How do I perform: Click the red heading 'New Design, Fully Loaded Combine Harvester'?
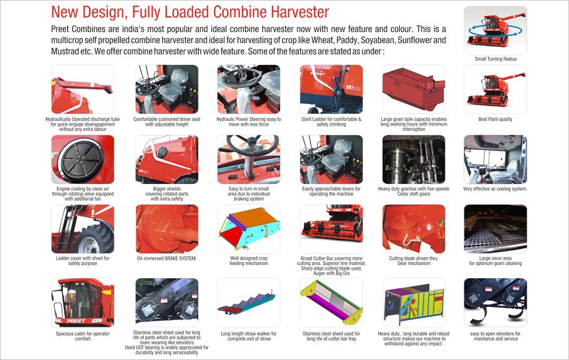point(190,12)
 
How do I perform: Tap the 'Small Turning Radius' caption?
point(495,59)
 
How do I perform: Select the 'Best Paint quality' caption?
point(495,119)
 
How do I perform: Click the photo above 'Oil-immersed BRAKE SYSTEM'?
point(167,229)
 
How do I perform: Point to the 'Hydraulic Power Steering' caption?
point(249,122)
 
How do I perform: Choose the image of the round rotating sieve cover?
point(83,160)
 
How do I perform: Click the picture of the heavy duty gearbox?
point(414,160)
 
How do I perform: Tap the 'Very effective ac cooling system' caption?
point(495,189)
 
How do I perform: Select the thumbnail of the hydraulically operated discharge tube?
point(83,90)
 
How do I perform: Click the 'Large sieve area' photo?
point(495,229)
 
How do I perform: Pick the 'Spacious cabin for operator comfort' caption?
point(83,336)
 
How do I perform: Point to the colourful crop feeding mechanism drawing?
point(249,229)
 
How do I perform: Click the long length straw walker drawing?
point(249,302)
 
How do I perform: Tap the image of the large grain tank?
point(414,90)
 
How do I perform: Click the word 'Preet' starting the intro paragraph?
point(60,29)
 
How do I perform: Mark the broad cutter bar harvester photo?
point(332,229)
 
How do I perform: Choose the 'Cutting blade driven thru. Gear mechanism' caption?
point(414,261)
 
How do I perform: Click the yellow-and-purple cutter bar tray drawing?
point(332,302)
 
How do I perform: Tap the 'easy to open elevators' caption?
point(495,336)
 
